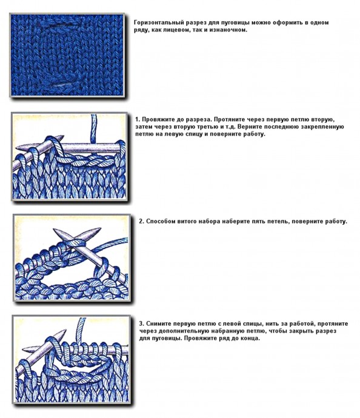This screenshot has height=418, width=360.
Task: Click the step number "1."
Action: click(x=138, y=119)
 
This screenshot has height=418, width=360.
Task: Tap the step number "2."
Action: click(x=141, y=221)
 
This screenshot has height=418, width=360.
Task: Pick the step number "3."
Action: click(x=141, y=323)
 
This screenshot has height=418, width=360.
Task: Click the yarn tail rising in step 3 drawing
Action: click(x=81, y=331)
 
